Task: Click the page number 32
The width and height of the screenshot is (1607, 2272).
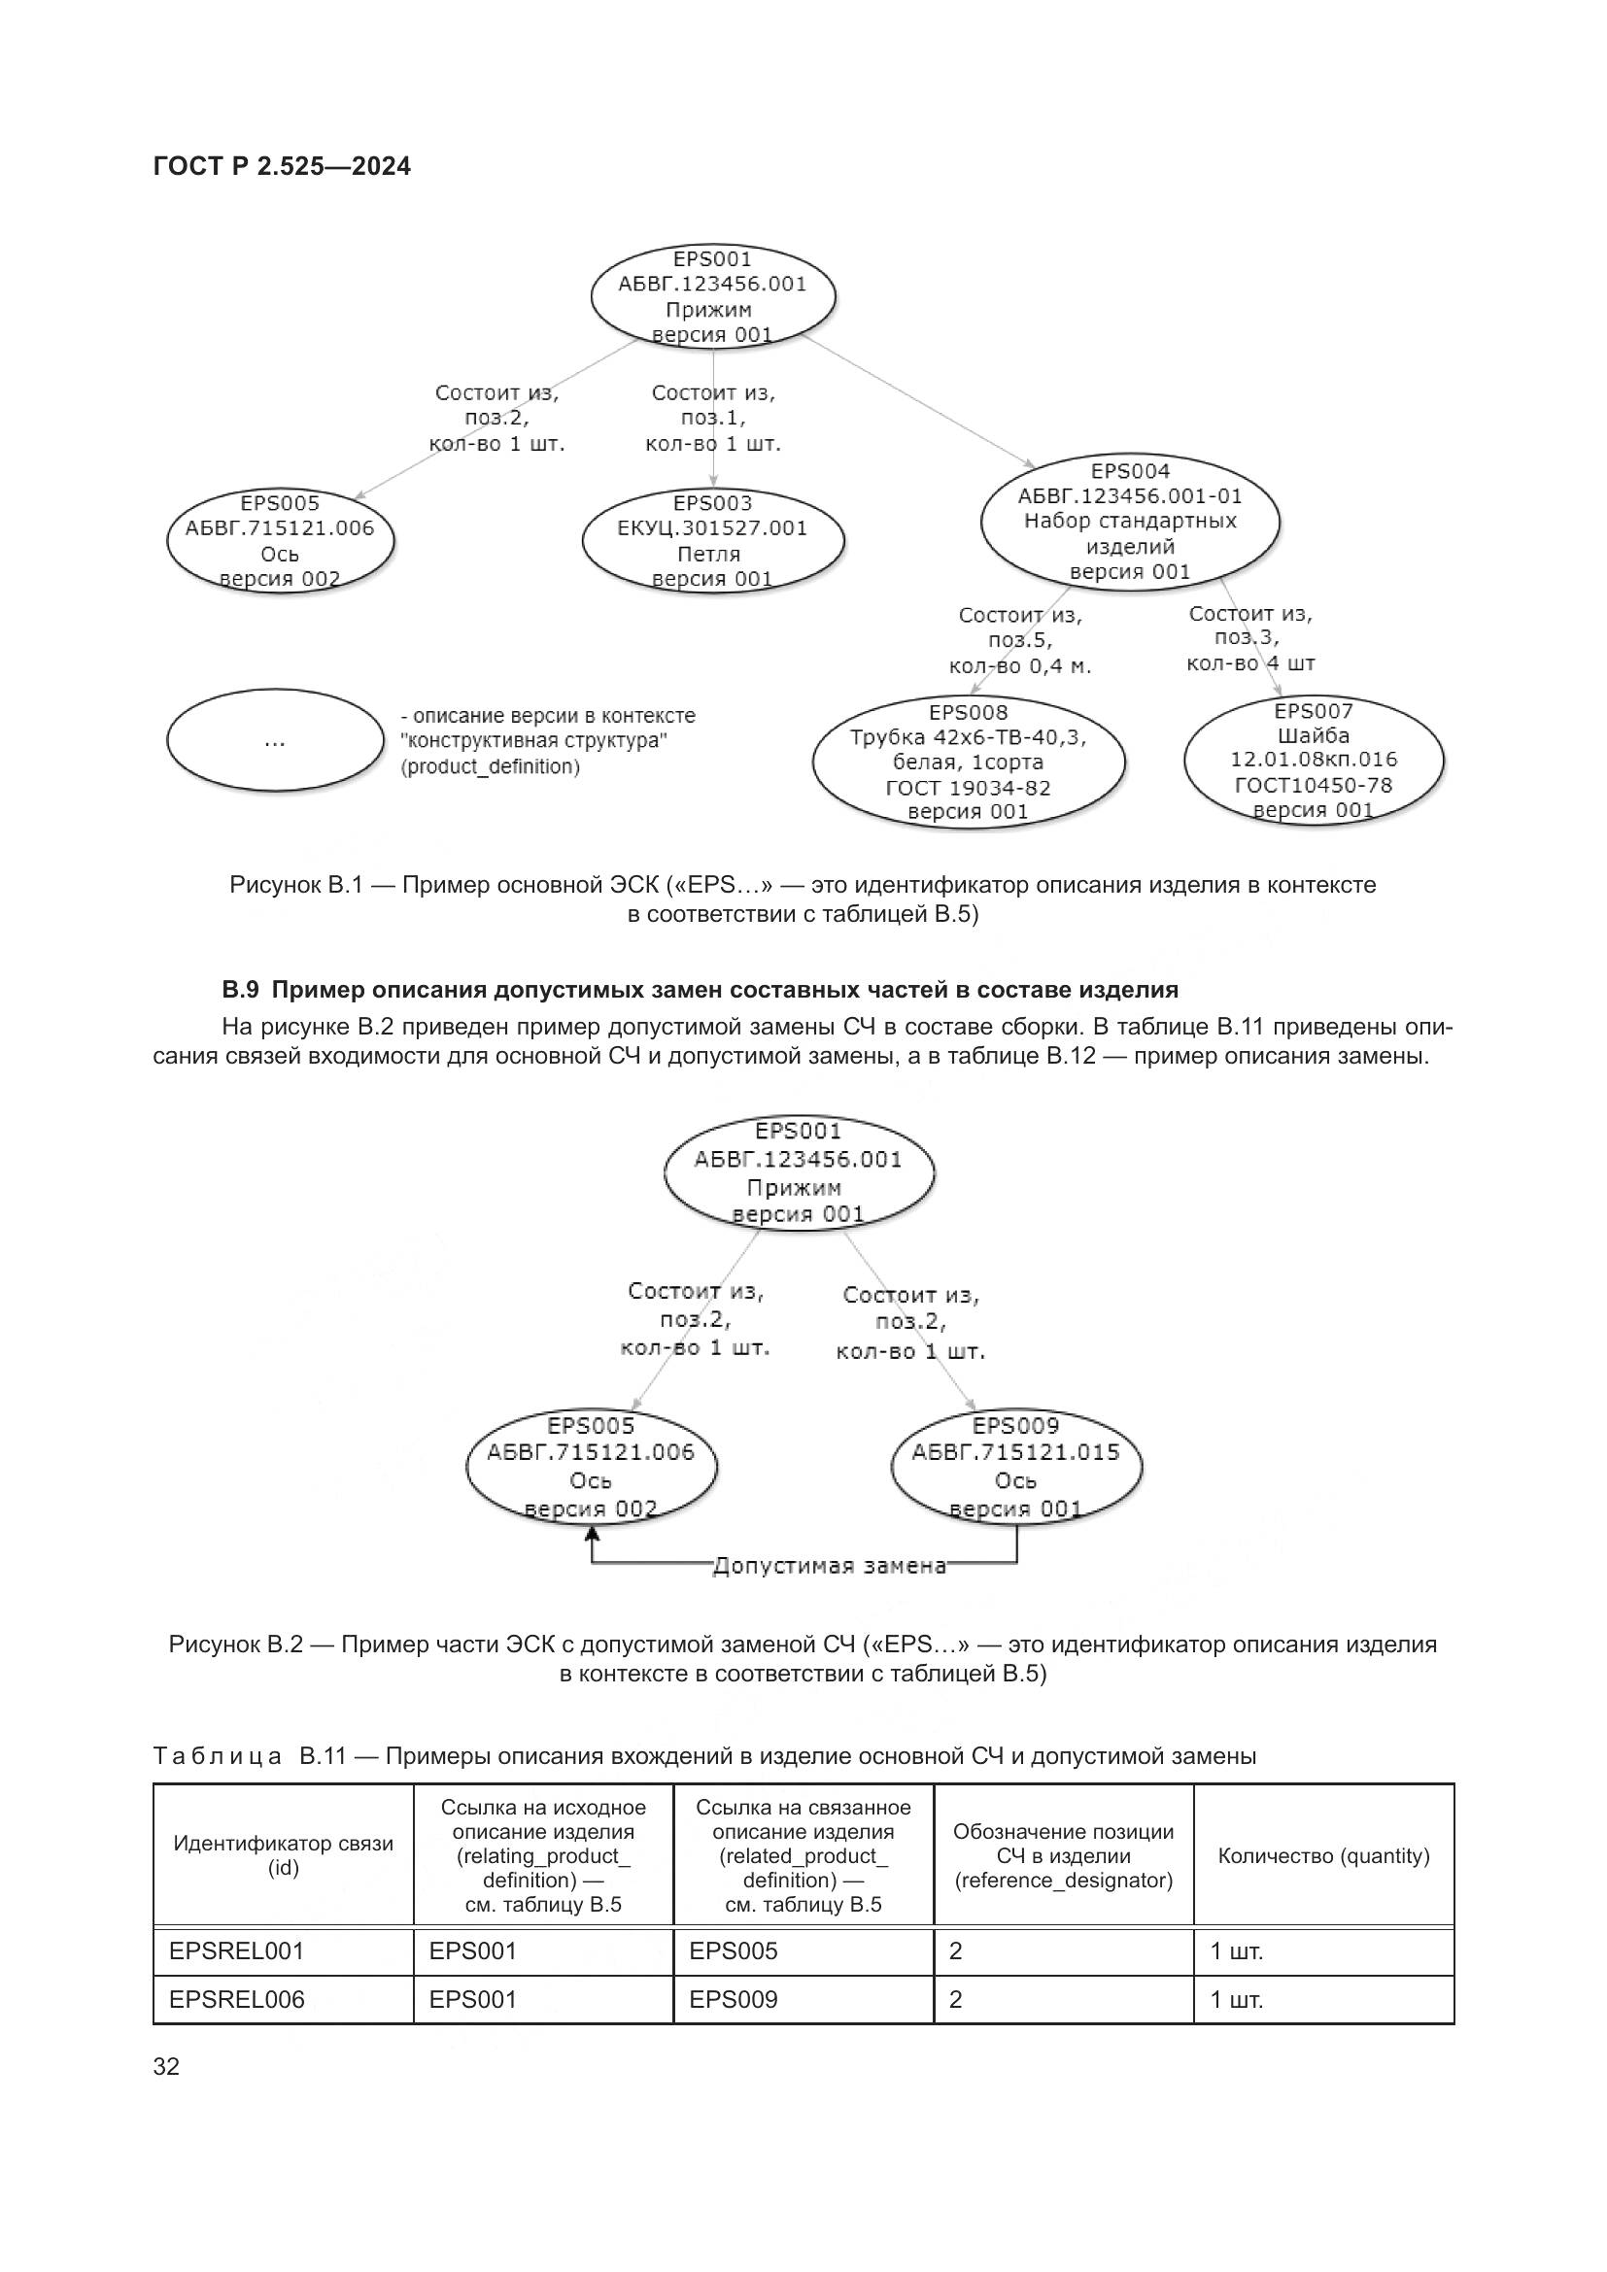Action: click(x=166, y=2066)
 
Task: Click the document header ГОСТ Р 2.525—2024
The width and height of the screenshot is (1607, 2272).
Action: click(x=282, y=166)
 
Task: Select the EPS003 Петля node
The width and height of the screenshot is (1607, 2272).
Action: click(x=712, y=541)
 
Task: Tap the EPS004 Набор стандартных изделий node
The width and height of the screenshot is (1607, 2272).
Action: click(x=1129, y=522)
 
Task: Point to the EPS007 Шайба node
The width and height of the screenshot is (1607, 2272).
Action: click(x=1314, y=760)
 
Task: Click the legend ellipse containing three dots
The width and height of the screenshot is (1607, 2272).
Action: click(x=275, y=740)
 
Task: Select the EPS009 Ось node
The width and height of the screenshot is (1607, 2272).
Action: click(x=1016, y=1468)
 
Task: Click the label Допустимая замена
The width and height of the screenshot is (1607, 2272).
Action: click(x=829, y=1566)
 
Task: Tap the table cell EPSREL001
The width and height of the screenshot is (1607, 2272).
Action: click(x=236, y=1951)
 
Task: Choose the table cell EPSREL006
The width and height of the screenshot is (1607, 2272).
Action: click(x=236, y=1999)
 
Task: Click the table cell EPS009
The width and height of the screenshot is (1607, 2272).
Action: click(x=734, y=1999)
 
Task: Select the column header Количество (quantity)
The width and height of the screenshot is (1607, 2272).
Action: click(x=1323, y=1855)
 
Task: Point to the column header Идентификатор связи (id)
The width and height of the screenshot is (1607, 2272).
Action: click(x=283, y=1855)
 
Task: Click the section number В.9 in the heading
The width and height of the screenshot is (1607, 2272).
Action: click(x=240, y=990)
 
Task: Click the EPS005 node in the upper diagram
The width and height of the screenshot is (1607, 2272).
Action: click(x=280, y=541)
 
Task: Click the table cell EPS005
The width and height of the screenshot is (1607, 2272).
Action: click(x=734, y=1951)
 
